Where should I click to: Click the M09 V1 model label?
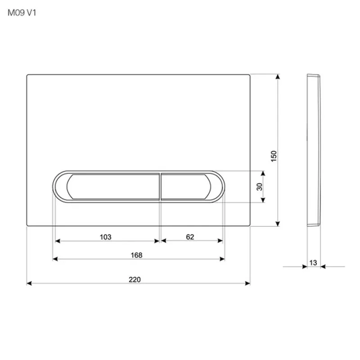22,13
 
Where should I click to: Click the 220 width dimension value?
135,279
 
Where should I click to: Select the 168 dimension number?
136,255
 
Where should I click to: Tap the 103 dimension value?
105,237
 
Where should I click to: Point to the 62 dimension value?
190,237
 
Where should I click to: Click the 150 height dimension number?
274,156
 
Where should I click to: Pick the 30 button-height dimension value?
260,187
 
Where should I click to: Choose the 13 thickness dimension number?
313,263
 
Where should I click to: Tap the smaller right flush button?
186,187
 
